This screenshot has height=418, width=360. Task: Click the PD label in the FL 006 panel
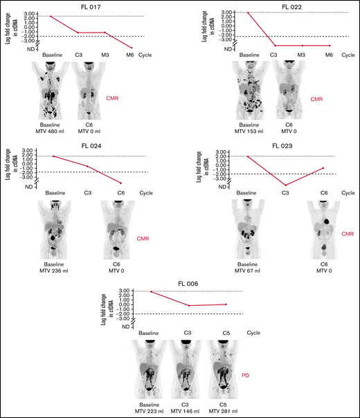pos(246,374)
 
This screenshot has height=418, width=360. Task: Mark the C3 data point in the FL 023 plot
pos(285,185)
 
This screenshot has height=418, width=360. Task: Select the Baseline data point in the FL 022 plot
pos(247,12)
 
